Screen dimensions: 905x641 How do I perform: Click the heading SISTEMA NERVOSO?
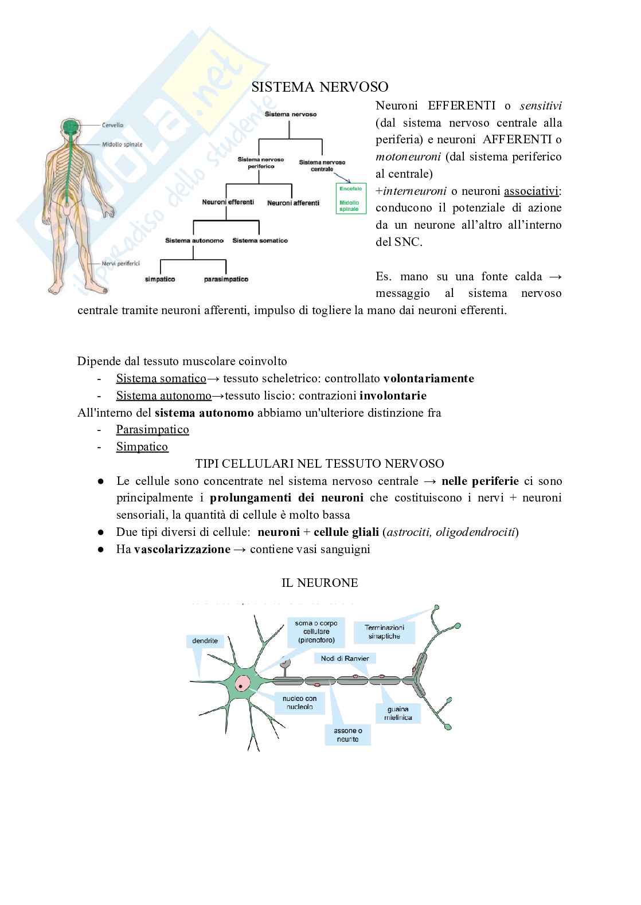click(x=320, y=87)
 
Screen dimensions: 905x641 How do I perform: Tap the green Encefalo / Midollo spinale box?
click(x=350, y=198)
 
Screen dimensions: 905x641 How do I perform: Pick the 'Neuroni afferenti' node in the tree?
click(x=293, y=203)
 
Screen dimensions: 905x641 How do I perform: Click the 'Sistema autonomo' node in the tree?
click(x=194, y=241)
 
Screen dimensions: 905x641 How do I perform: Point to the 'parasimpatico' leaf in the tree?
click(x=226, y=279)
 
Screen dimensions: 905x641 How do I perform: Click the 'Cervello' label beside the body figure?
click(x=113, y=124)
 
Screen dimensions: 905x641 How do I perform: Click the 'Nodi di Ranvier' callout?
click(x=345, y=659)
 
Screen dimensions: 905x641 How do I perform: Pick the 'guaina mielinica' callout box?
click(x=398, y=713)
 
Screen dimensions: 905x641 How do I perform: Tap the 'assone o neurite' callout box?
click(x=347, y=735)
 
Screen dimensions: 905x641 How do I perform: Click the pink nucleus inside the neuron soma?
click(x=244, y=683)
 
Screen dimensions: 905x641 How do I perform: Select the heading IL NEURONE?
click(x=319, y=583)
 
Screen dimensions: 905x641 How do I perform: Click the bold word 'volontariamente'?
click(x=428, y=378)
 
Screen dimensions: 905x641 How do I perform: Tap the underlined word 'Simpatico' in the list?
click(x=142, y=446)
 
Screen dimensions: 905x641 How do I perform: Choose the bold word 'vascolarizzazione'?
click(x=182, y=549)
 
